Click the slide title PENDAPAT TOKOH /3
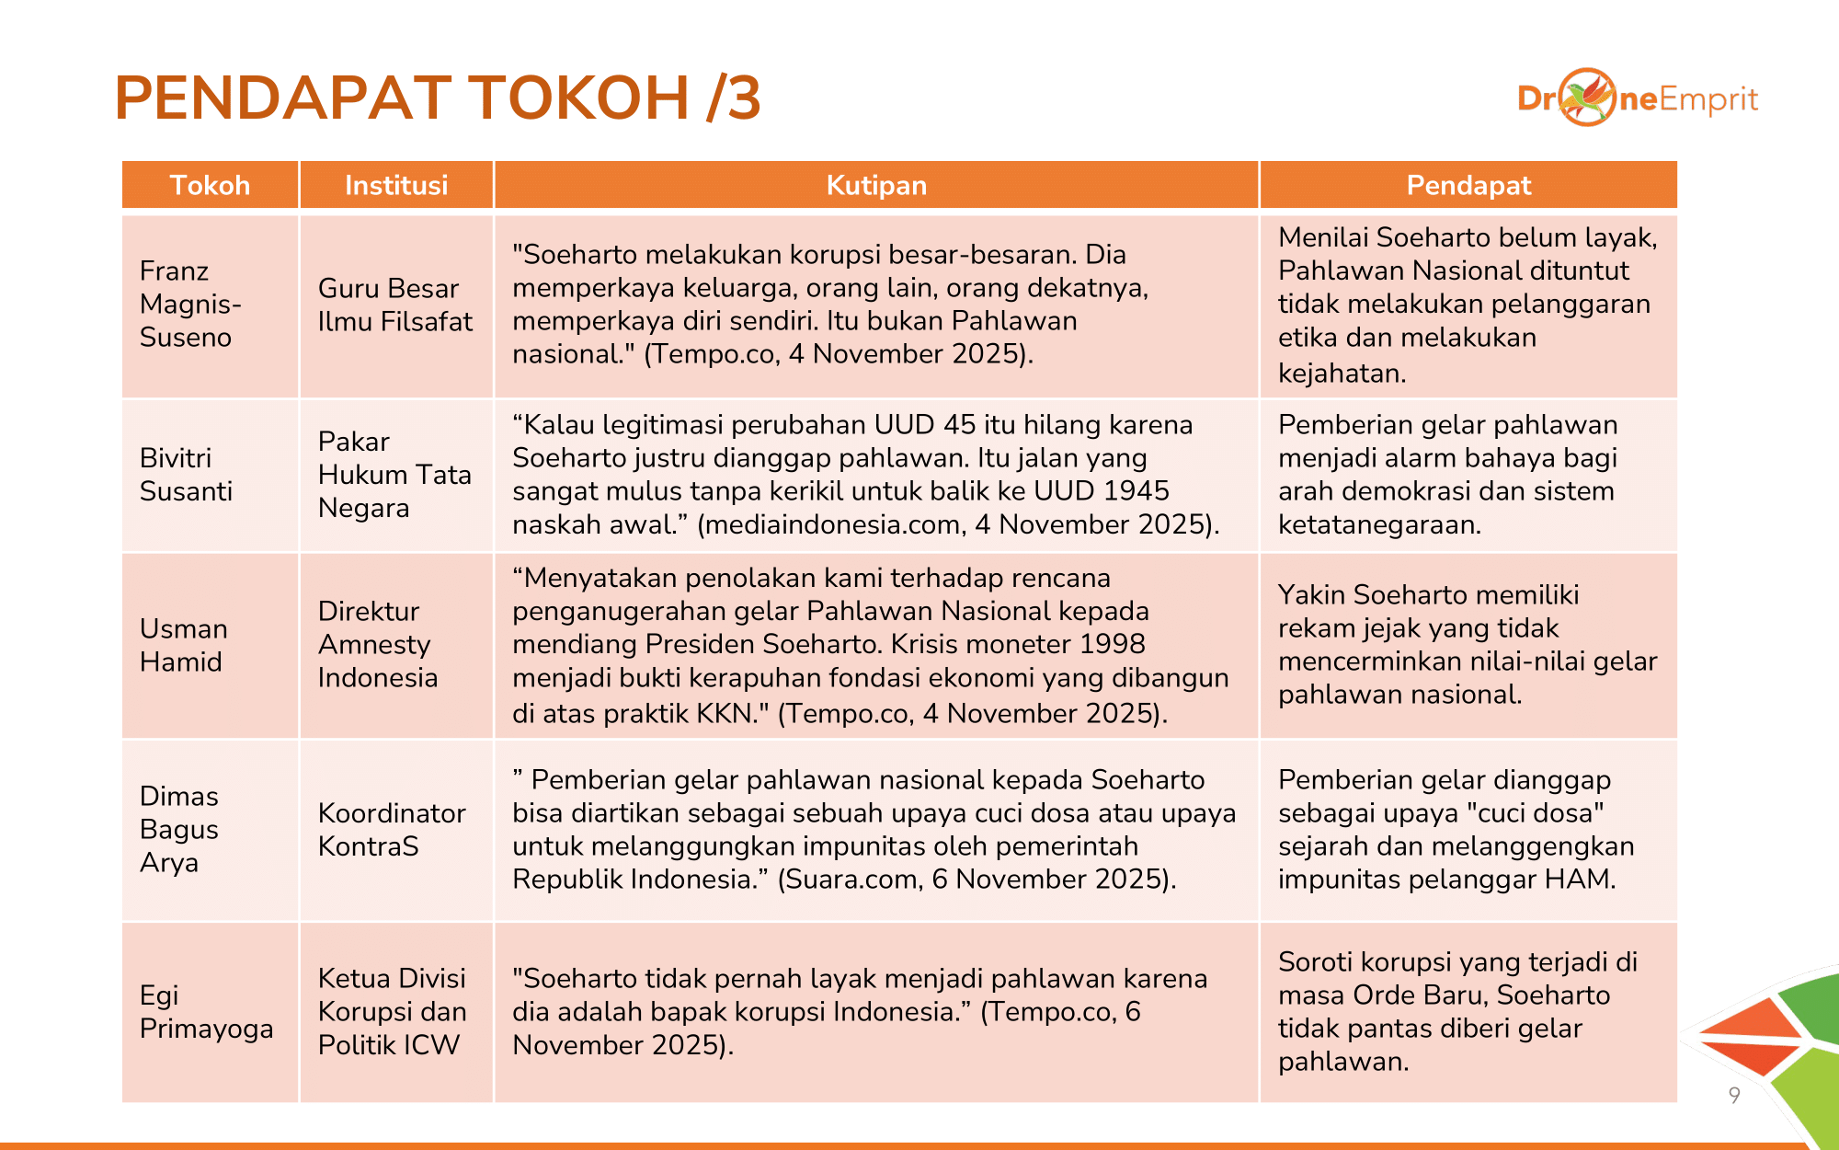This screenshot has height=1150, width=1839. [x=438, y=98]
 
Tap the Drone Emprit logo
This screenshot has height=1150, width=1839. [x=1637, y=98]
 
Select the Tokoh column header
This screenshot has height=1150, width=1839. [x=210, y=185]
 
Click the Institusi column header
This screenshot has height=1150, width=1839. [x=396, y=185]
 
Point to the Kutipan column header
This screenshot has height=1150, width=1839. [x=875, y=185]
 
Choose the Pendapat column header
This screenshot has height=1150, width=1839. [x=1468, y=185]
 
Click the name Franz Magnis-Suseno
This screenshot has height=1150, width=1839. [x=189, y=305]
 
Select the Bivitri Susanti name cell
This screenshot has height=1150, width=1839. [x=186, y=475]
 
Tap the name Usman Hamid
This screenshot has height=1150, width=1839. [x=183, y=645]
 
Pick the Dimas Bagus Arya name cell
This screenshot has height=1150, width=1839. [x=178, y=829]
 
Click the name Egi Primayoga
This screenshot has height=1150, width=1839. [x=206, y=1011]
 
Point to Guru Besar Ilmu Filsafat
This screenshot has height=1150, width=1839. [x=394, y=305]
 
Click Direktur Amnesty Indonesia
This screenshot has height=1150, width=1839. [x=377, y=644]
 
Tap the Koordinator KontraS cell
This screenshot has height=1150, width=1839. [x=392, y=829]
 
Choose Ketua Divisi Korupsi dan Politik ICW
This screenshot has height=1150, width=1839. [x=392, y=1011]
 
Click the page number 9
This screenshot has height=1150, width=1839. [x=1734, y=1095]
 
